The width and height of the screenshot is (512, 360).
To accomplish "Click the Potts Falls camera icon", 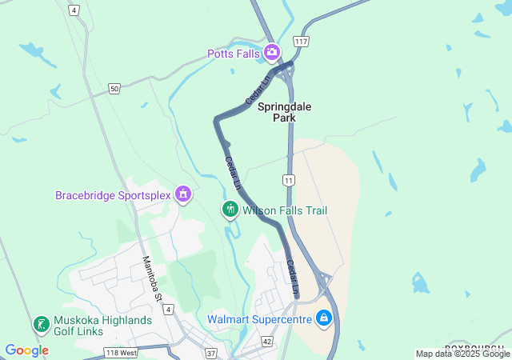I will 272,53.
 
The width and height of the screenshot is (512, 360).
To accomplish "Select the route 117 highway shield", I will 301,41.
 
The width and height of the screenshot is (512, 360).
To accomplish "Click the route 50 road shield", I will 115,89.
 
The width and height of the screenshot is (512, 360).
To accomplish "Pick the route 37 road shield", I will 211,352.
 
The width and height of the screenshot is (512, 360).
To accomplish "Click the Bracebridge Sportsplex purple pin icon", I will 183,194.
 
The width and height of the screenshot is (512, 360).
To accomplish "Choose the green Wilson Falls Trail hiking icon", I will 230,210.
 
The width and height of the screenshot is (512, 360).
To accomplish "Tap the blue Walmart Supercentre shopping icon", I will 323,318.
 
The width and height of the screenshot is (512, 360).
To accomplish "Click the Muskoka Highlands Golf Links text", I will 102,325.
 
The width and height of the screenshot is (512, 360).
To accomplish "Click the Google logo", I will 26,350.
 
